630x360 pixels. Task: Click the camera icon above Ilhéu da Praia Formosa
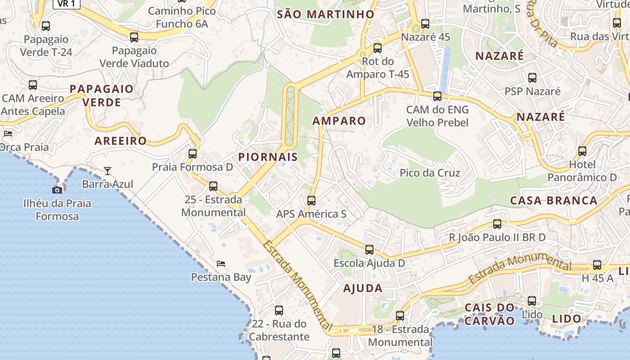[x=57, y=190]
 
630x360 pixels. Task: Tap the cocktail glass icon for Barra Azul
[x=108, y=171]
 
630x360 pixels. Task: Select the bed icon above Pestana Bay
[x=221, y=263]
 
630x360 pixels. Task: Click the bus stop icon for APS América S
[x=311, y=200]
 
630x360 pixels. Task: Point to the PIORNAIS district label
[x=268, y=157]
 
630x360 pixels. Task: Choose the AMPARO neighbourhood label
[x=339, y=121]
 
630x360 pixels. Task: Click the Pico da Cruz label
[x=430, y=173]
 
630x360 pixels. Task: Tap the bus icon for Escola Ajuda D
[x=369, y=249]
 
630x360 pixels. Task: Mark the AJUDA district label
[x=363, y=288]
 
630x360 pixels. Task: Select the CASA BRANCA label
[x=553, y=200]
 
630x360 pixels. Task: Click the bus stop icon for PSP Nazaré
[x=532, y=78]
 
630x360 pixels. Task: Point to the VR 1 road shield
[x=67, y=4]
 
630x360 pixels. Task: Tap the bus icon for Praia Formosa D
[x=193, y=154]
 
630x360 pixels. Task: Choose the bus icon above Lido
[x=532, y=301]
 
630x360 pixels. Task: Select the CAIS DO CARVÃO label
[x=490, y=314]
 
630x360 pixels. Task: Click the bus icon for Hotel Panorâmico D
[x=582, y=151]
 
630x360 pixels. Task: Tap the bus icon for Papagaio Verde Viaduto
[x=134, y=37]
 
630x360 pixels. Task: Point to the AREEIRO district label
[x=121, y=141]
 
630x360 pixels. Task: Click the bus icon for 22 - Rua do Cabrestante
[x=279, y=310]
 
